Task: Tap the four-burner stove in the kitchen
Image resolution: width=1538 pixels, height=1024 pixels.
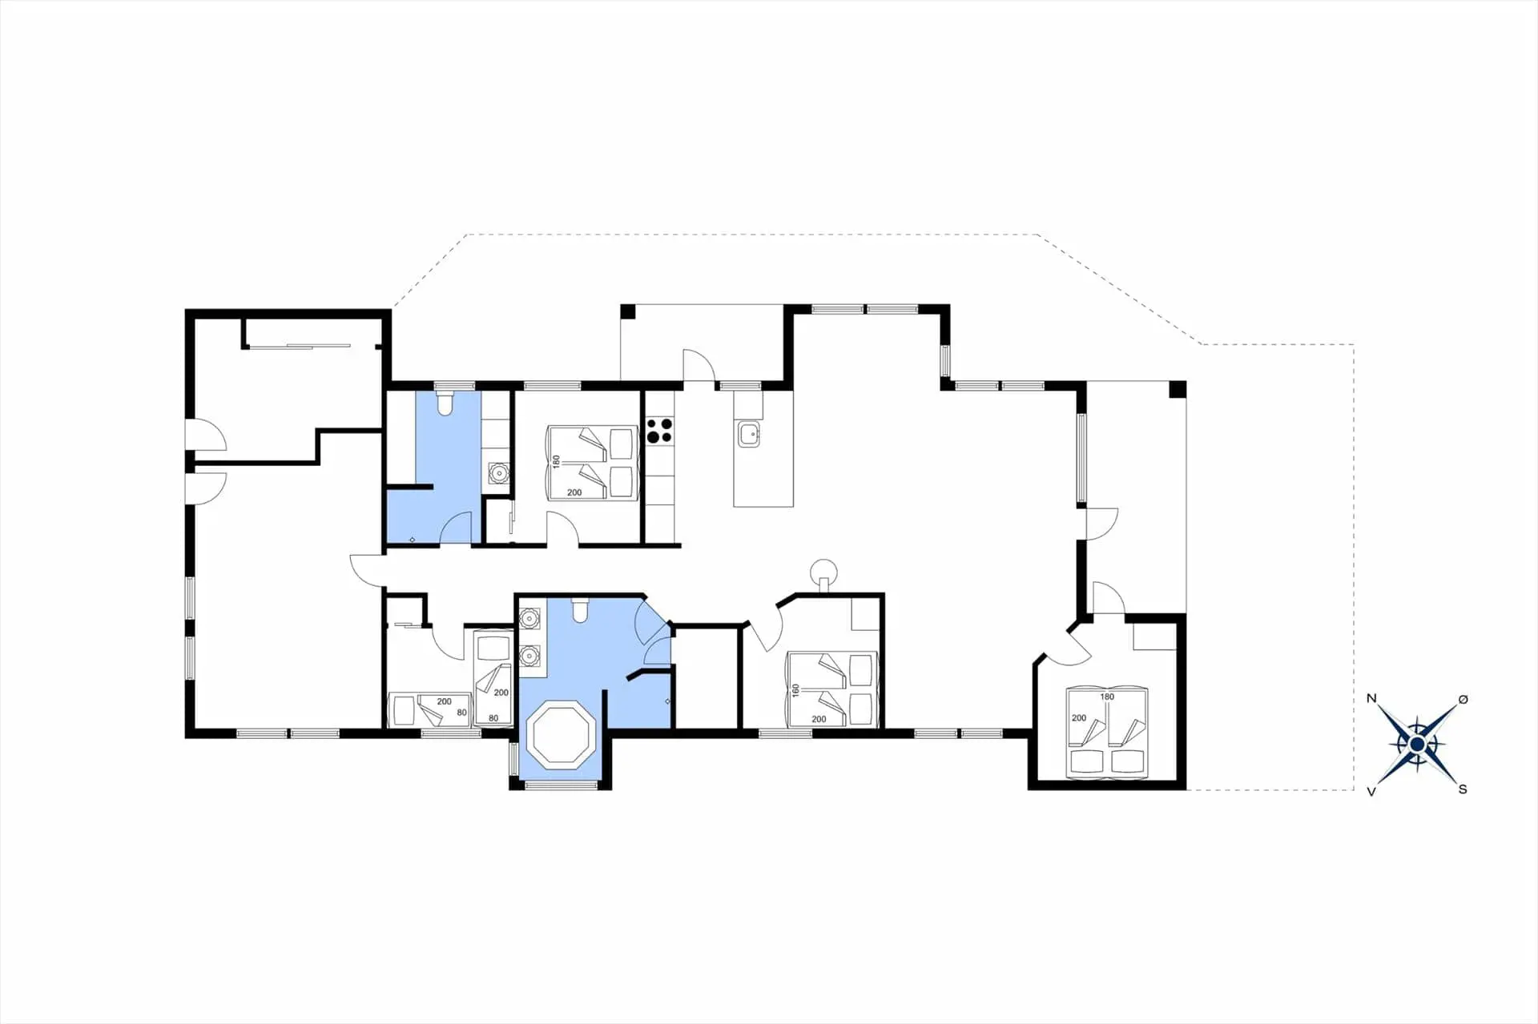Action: tap(659, 430)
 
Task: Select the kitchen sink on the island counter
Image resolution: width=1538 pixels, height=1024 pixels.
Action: tap(749, 435)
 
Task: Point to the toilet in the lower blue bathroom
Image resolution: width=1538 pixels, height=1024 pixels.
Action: tap(581, 611)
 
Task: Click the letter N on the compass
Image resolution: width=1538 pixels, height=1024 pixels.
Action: tap(1371, 698)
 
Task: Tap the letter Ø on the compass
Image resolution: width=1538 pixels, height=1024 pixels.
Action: tap(1463, 699)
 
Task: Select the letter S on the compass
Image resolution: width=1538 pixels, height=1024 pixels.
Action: tap(1462, 789)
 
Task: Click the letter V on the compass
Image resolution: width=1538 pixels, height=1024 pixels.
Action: tap(1371, 791)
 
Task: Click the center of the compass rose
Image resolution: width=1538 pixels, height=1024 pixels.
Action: tap(1416, 745)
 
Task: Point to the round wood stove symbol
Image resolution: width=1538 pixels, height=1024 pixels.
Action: tap(823, 572)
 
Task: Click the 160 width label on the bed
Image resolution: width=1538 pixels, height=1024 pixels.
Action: tap(795, 689)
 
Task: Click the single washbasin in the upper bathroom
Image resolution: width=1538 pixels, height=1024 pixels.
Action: tap(498, 473)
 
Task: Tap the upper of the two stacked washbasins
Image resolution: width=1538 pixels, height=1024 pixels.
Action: tap(529, 617)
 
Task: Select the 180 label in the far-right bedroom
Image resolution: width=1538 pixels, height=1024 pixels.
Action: tap(1106, 697)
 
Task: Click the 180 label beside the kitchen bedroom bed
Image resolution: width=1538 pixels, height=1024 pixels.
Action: tap(556, 462)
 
